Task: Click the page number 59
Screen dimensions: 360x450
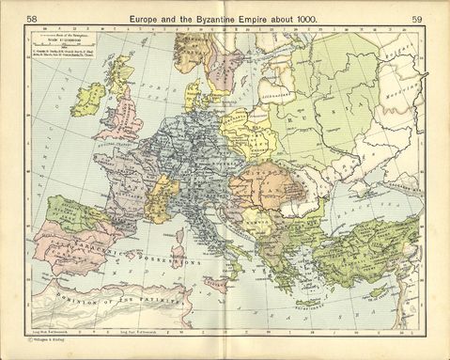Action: point(416,20)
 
